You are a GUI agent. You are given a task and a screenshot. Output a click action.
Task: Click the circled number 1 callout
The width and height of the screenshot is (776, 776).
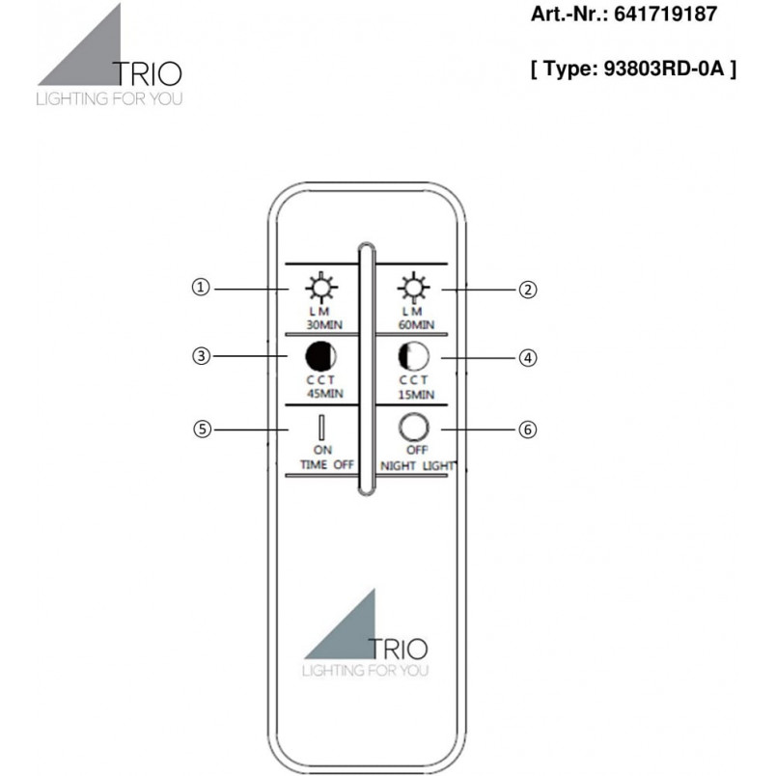pos(201,287)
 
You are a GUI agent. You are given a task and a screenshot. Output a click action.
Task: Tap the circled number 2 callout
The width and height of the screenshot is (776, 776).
pos(528,290)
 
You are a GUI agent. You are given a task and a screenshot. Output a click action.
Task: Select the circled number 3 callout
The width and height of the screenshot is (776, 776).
pos(201,356)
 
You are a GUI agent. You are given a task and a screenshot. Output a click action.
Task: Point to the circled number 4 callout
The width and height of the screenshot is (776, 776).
pos(528,358)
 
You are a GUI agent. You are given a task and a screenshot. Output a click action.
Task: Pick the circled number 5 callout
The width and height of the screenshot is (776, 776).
pos(202,430)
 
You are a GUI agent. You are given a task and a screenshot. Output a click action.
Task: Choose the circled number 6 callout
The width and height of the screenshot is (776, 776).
pos(528,430)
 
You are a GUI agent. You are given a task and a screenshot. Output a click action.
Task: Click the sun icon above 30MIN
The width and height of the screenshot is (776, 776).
pos(321,288)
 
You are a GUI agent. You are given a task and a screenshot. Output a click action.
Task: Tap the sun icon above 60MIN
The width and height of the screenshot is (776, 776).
pos(413,288)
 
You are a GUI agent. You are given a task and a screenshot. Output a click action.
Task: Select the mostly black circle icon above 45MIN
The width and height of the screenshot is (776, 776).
pos(320,356)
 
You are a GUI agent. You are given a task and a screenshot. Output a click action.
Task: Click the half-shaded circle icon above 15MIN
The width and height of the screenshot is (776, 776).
pos(414,356)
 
